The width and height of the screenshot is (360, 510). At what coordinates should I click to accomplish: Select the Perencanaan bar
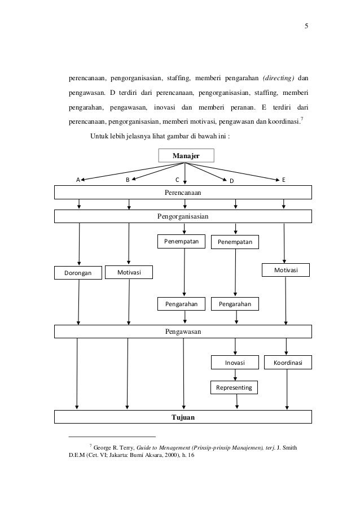tap(183, 193)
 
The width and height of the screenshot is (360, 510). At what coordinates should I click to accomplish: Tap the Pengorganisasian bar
tap(183, 216)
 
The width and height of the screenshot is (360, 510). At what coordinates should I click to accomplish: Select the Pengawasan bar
tap(183, 331)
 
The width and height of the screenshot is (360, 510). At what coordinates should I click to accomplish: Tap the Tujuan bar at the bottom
tap(183, 417)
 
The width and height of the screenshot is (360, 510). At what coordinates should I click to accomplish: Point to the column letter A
tap(79, 180)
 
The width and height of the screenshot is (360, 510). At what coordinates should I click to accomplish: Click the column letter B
tap(128, 180)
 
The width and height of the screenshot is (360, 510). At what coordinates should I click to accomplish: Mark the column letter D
tap(231, 181)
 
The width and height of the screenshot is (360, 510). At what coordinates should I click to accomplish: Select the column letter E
tap(284, 180)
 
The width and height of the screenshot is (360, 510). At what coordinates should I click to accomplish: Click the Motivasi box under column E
tap(286, 271)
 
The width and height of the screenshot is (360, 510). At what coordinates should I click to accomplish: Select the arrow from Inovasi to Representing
tap(235, 375)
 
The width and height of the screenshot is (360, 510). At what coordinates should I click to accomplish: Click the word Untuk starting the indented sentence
tap(100, 136)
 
